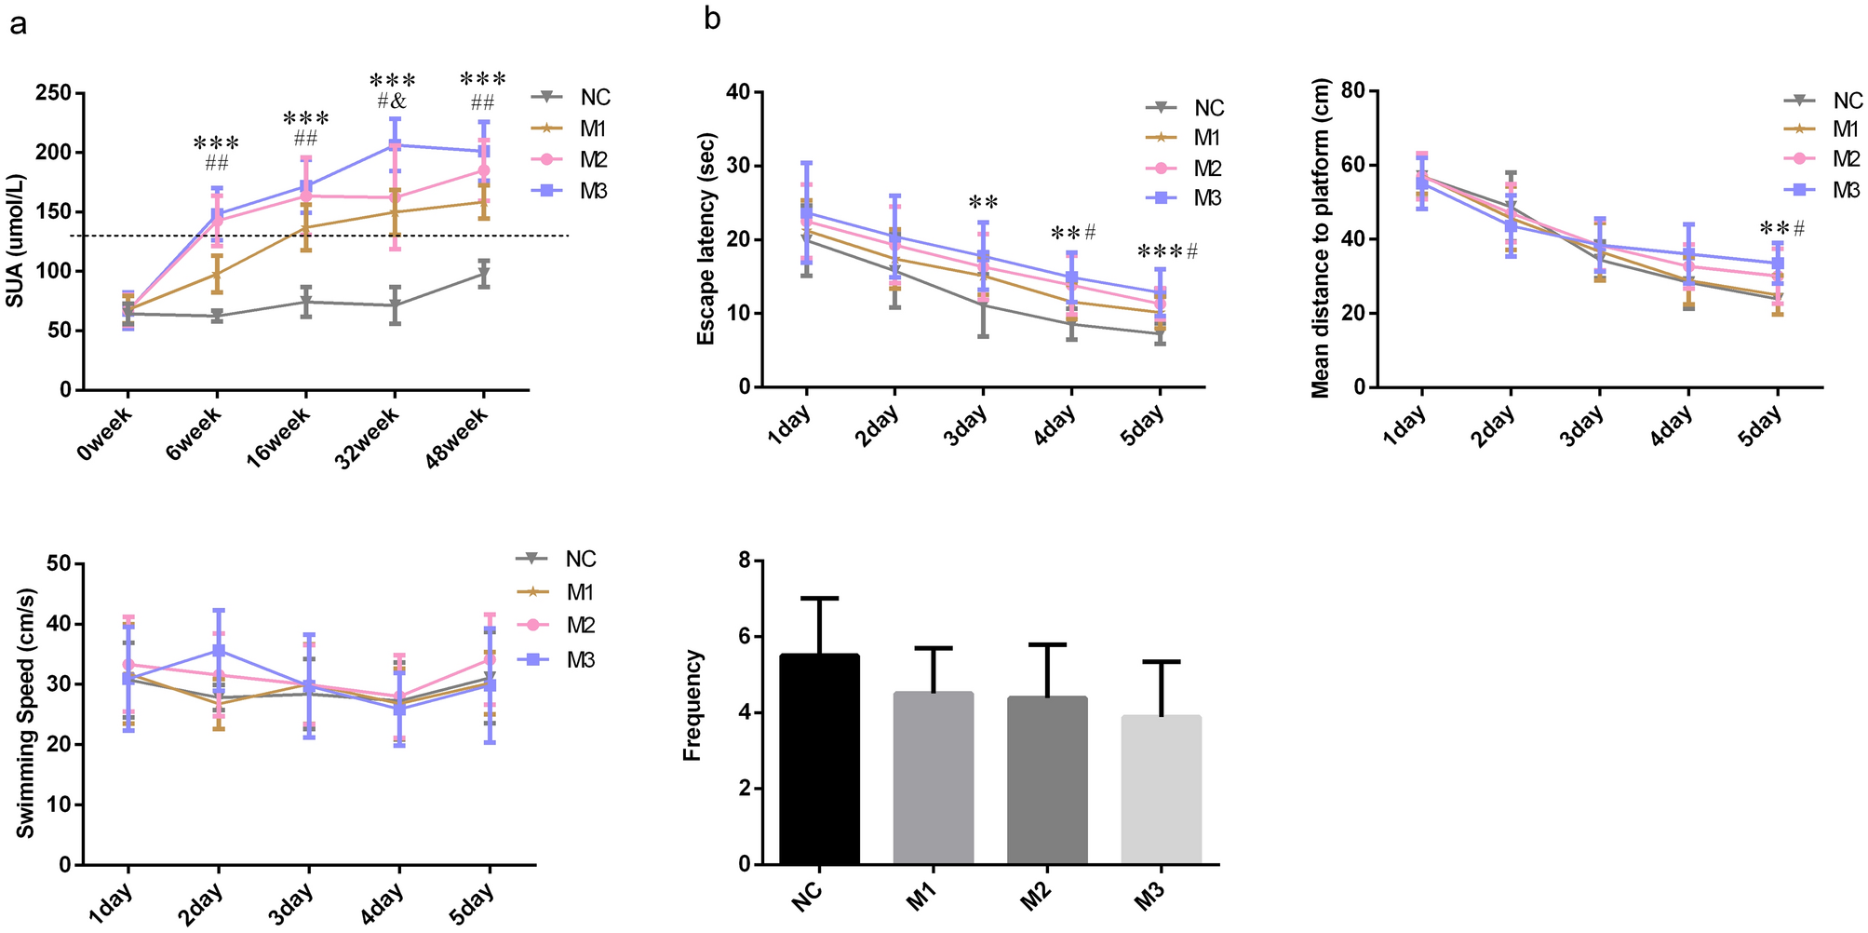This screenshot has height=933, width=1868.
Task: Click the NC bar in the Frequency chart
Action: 819,759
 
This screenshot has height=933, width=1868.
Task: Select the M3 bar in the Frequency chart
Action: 1162,790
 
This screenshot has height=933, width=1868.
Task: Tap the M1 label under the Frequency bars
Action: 921,898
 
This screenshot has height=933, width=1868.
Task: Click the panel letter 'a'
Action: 18,23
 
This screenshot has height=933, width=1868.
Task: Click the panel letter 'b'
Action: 712,18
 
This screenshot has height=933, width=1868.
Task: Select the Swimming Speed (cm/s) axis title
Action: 26,713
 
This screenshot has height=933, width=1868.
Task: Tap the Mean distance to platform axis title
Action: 1321,239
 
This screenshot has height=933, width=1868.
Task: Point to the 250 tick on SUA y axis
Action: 53,93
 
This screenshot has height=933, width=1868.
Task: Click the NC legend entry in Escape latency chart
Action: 1187,108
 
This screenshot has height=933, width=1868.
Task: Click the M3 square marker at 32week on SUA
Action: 395,145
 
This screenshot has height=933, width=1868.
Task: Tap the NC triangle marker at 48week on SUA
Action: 484,274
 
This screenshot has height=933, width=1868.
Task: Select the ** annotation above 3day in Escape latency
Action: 983,203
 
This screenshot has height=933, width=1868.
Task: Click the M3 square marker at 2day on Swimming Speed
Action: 218,650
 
